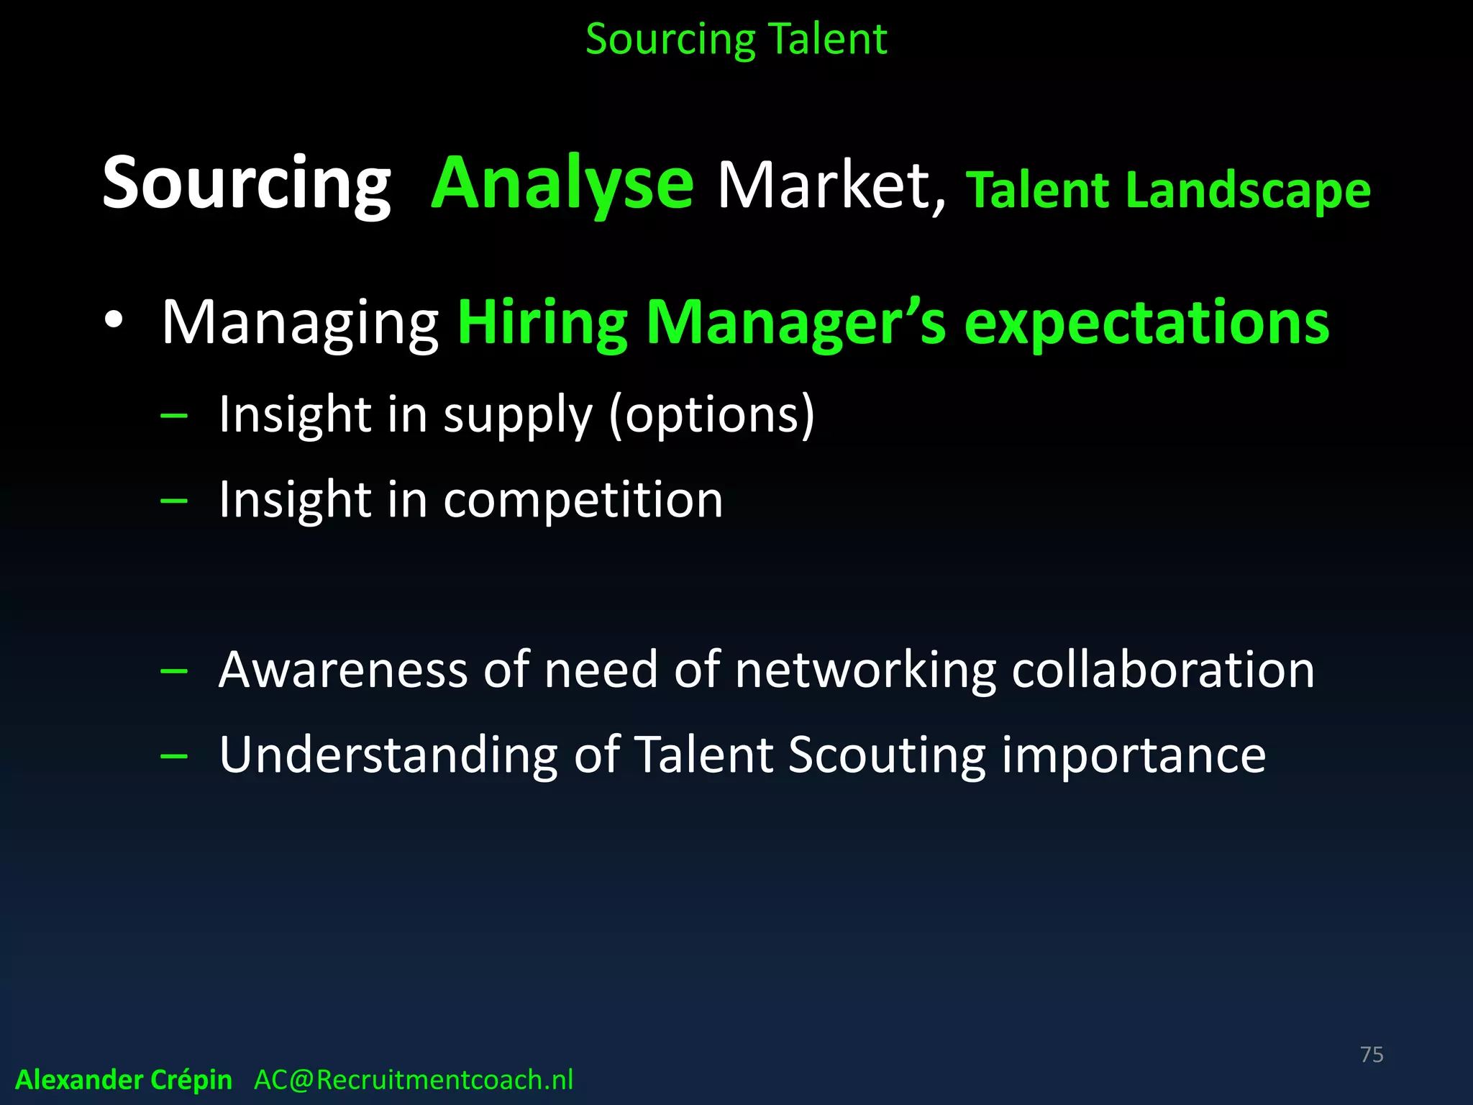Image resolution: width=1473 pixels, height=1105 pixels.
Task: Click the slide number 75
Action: (1372, 1055)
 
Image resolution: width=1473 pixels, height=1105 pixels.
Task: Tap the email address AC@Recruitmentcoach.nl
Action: (414, 1080)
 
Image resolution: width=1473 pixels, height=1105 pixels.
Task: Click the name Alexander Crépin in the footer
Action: (124, 1080)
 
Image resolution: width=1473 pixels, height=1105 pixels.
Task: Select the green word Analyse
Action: (562, 184)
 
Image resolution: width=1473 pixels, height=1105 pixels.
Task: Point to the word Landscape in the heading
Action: (1248, 190)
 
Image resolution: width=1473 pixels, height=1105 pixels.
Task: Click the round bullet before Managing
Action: (114, 321)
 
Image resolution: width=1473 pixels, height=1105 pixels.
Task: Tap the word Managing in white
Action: (300, 324)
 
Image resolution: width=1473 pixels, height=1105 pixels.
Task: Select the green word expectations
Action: (1146, 324)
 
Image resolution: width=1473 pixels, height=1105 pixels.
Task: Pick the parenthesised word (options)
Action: (712, 415)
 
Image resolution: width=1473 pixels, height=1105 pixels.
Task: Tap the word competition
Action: (583, 499)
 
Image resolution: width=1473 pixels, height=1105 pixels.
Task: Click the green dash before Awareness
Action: (174, 671)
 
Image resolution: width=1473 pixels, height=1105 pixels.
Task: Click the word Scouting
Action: (887, 755)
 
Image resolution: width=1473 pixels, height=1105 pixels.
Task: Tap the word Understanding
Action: (388, 755)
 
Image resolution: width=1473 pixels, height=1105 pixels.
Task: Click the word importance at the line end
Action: (1134, 755)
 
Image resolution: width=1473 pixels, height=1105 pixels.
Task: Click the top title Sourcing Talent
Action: (736, 39)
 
